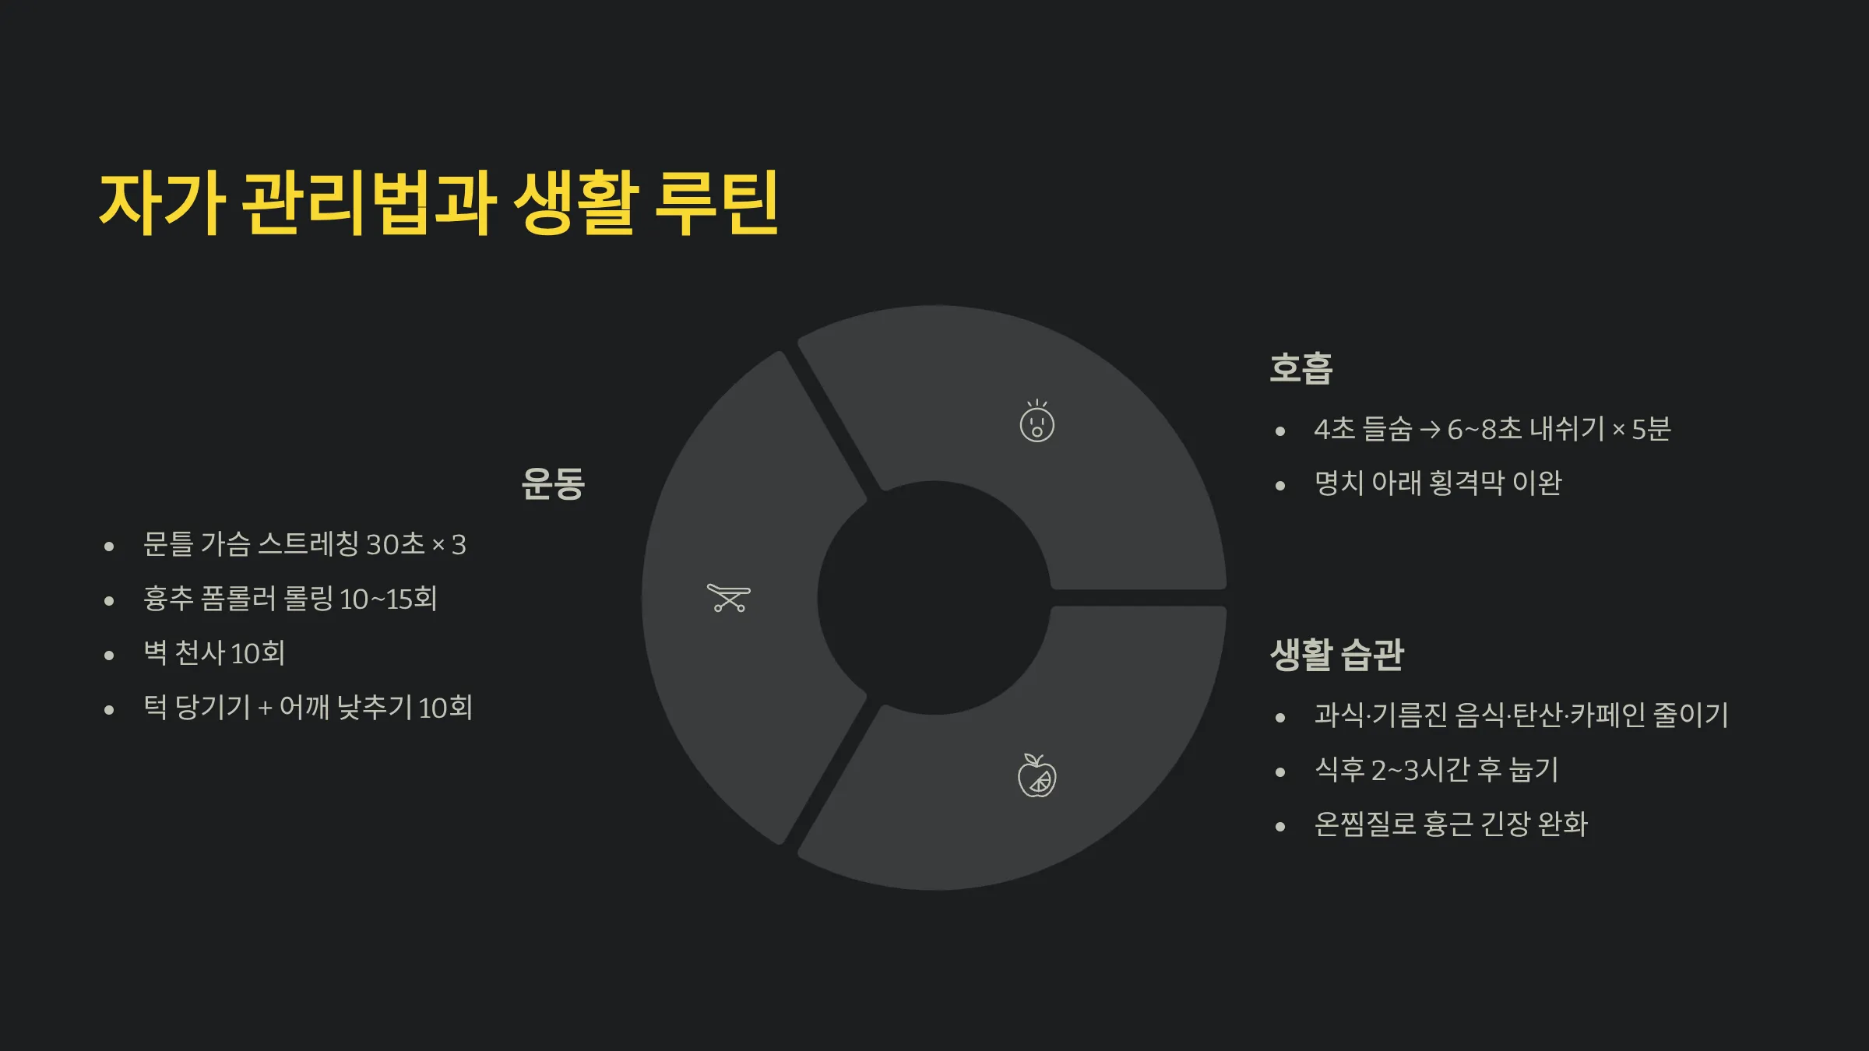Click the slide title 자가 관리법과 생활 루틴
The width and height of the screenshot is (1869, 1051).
point(438,204)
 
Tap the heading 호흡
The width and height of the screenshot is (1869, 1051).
point(1301,368)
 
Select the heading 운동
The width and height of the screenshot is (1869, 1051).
point(553,483)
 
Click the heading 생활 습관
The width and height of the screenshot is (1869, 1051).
point(1336,655)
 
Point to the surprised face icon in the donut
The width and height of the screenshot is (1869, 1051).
point(1037,423)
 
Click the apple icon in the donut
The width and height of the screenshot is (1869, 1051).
point(1037,776)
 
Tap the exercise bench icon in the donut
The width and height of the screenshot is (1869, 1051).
point(728,598)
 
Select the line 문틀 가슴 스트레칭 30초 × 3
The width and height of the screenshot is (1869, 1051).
point(304,544)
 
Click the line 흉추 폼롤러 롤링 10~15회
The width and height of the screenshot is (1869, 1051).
point(290,599)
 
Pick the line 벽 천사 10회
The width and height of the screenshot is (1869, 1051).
point(214,653)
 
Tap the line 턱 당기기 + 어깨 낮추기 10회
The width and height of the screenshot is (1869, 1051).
point(308,708)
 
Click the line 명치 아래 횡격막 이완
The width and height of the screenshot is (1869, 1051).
point(1438,483)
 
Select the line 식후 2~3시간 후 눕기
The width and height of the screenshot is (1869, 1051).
point(1436,770)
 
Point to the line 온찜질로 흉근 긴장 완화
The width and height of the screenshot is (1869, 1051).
point(1450,824)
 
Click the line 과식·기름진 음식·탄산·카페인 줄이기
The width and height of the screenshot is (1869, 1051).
point(1521,715)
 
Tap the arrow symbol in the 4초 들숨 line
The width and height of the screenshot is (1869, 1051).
point(1429,430)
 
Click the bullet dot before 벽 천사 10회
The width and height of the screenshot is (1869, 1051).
point(109,656)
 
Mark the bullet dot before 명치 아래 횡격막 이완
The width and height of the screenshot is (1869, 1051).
point(1279,486)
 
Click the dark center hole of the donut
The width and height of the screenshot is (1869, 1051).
point(934,598)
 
